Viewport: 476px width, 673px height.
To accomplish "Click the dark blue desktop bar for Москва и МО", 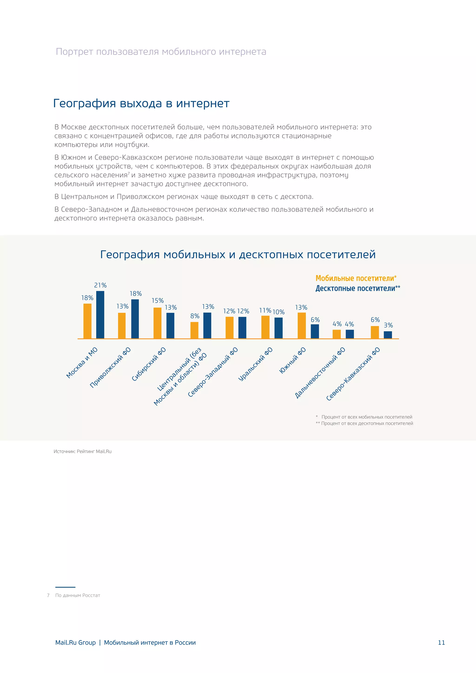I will click(x=100, y=315).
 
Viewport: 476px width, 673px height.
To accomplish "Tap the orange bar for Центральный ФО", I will click(x=194, y=330).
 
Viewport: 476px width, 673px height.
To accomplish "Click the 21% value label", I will click(x=100, y=285).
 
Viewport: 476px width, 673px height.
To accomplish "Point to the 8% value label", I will click(x=195, y=316).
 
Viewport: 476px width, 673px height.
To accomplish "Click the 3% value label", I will click(x=388, y=325).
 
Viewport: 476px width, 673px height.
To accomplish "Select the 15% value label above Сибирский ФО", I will click(x=157, y=300).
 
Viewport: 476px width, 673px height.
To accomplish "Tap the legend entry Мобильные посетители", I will click(x=356, y=278).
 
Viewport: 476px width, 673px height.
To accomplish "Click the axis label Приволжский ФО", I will click(x=110, y=368).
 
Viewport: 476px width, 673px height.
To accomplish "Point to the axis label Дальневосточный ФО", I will click(x=320, y=373).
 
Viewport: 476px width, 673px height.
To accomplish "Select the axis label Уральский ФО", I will click(x=255, y=364).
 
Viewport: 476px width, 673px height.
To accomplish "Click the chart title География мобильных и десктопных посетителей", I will click(x=238, y=254).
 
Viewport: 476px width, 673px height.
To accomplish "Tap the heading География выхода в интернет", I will click(x=141, y=103).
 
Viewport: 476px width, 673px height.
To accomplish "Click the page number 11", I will click(x=441, y=643).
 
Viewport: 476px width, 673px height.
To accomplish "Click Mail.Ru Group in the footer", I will click(x=75, y=643).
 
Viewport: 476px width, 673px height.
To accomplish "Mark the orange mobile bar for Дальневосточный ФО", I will click(x=337, y=334).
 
